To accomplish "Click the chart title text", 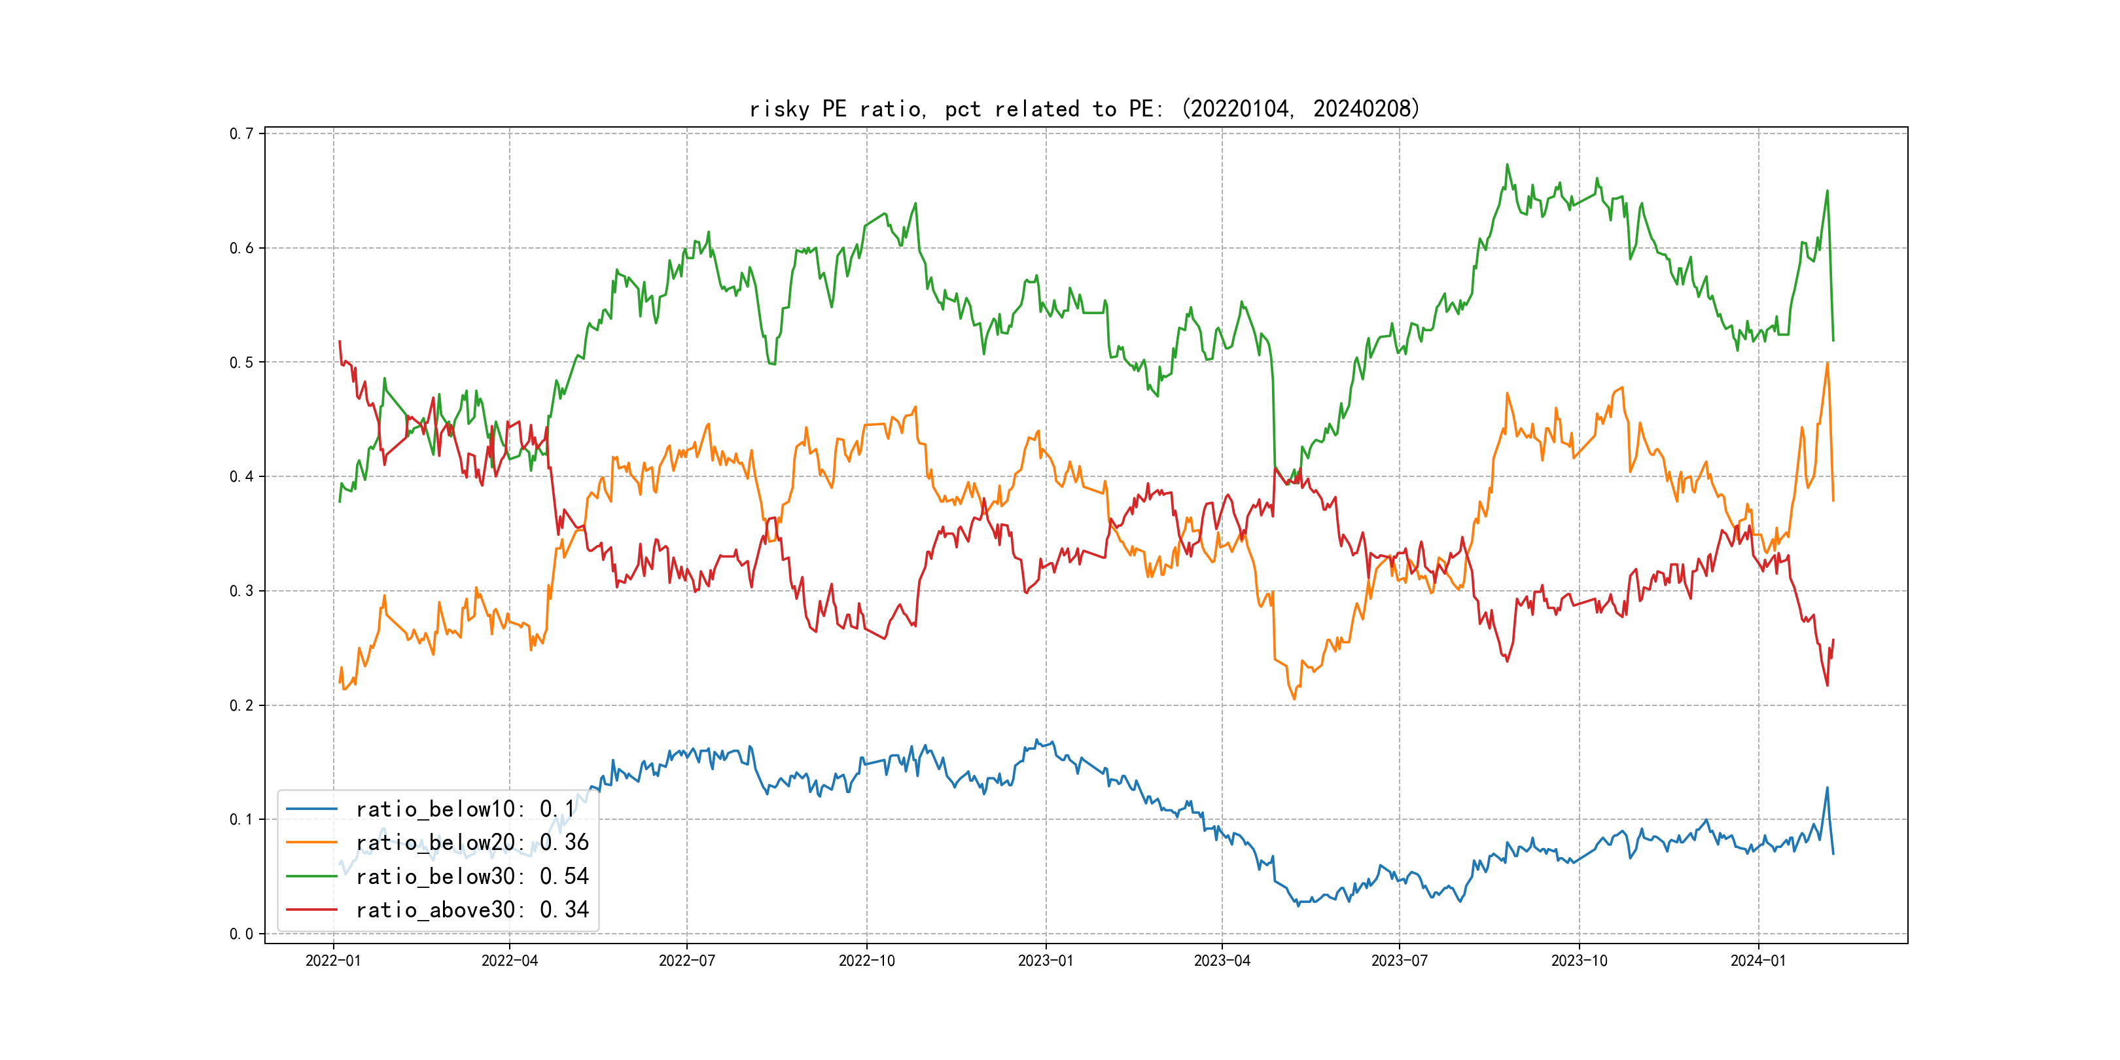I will (1085, 109).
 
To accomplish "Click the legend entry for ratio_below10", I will (465, 809).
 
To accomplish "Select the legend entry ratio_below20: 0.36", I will (472, 843).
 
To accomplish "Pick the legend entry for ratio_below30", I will (472, 877).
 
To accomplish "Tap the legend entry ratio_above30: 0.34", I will (472, 910).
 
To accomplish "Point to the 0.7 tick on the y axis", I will (241, 133).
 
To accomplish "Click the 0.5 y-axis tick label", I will (241, 362).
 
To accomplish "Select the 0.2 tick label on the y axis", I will (241, 705).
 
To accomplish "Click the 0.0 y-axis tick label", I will (241, 934).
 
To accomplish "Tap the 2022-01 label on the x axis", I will (333, 961).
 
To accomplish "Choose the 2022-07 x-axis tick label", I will (687, 961).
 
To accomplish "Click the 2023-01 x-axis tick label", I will (1046, 961).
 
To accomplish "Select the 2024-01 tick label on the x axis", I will (1759, 961).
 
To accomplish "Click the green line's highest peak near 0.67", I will (1508, 165).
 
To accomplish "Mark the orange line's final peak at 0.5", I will (1827, 363).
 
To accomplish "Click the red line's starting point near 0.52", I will (340, 342).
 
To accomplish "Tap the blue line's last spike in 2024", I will (1827, 788).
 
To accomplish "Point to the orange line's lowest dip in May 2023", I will (1294, 699).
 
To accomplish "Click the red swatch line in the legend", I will (312, 910).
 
